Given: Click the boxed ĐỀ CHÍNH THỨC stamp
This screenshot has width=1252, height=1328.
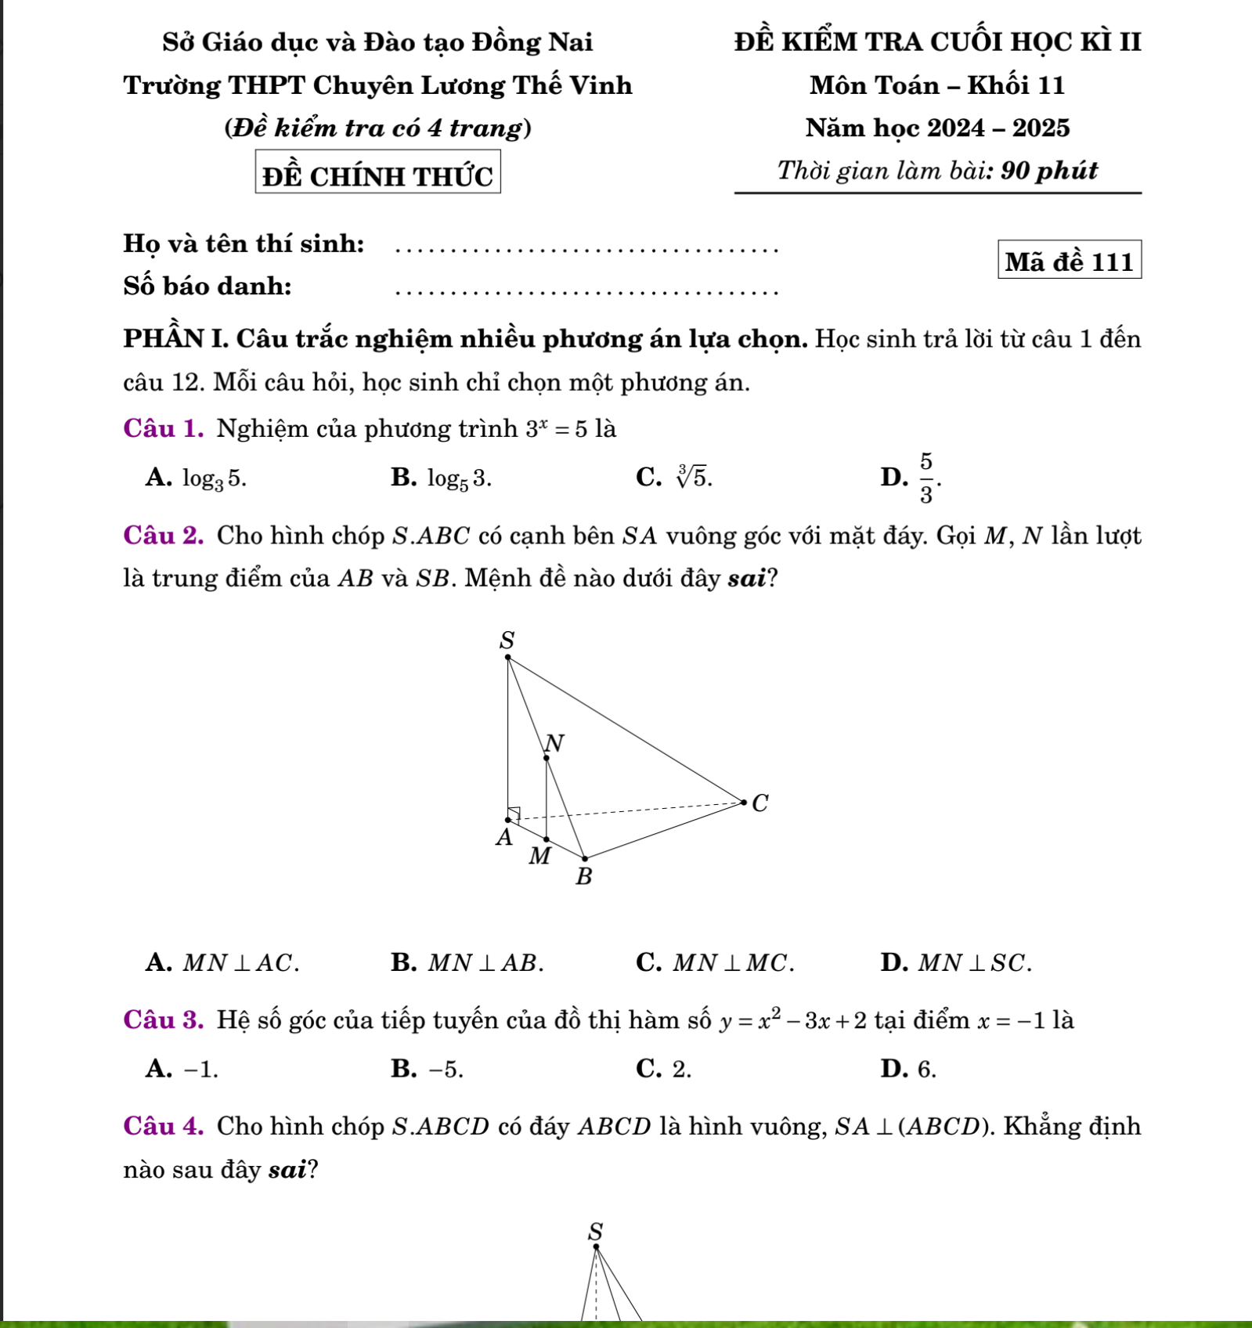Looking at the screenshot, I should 377,174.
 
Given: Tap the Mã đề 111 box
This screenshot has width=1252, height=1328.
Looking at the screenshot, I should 1070,261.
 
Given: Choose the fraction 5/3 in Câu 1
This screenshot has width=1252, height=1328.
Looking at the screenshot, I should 926,478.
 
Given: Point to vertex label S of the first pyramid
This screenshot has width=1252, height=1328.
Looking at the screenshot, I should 507,641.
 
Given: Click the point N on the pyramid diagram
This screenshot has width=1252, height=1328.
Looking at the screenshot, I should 547,756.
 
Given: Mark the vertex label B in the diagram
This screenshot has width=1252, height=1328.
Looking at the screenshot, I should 584,877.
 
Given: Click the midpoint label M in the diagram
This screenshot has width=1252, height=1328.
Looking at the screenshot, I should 539,856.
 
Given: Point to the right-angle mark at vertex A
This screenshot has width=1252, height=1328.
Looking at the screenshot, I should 514,812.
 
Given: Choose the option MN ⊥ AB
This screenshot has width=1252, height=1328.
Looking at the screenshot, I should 467,962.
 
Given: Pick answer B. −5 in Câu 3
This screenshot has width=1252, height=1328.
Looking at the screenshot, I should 428,1069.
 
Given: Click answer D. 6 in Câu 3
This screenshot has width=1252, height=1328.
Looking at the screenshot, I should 908,1069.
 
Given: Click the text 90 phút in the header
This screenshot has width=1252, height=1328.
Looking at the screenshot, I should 1049,171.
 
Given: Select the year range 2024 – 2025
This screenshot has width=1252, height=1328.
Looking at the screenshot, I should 998,128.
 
